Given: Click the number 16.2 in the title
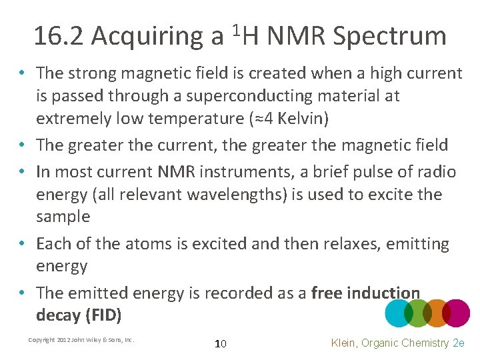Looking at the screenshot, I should click(59, 36).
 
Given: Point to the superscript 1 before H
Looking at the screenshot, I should click(235, 29).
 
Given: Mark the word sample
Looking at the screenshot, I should click(63, 217).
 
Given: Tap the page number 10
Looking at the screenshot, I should click(221, 343).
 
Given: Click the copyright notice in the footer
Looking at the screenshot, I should click(81, 340).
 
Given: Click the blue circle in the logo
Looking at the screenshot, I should click(399, 313).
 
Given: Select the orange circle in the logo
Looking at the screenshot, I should click(437, 313).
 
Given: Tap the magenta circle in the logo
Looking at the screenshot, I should click(456, 313).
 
